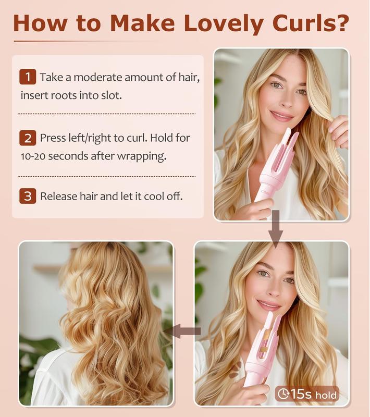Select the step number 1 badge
pyautogui.click(x=27, y=77)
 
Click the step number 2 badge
pyautogui.click(x=27, y=138)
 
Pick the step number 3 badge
pyautogui.click(x=27, y=197)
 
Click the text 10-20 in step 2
pyautogui.click(x=37, y=156)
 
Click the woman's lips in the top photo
pyautogui.click(x=281, y=116)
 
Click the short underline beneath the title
pyautogui.click(x=83, y=41)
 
